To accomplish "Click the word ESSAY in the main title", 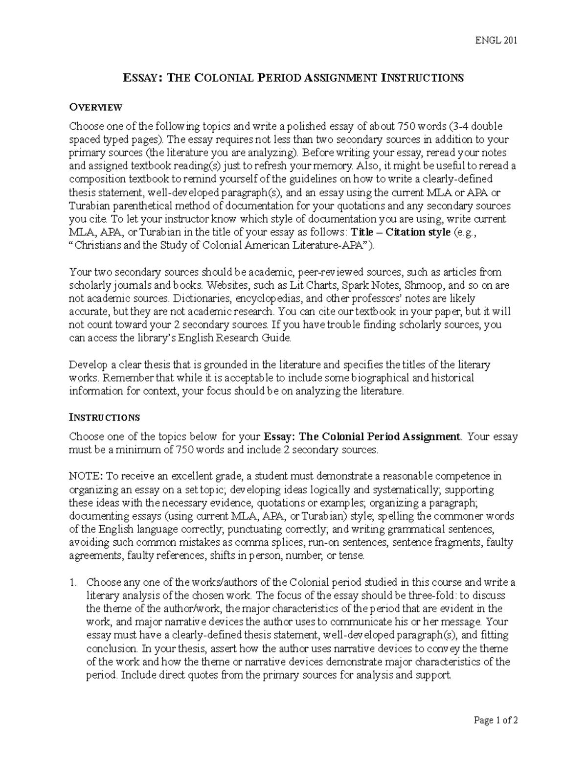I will point(138,78).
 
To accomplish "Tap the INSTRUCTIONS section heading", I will point(105,417).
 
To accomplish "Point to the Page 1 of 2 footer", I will point(495,720).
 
